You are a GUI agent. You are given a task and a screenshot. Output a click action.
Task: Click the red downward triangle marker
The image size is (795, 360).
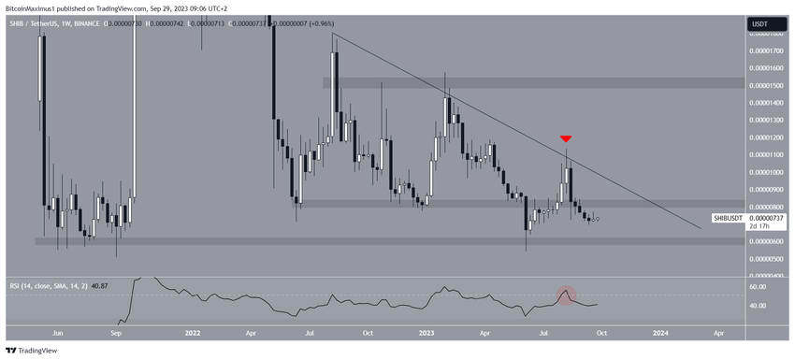[x=565, y=139]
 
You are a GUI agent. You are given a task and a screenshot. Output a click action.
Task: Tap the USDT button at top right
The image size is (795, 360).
[x=761, y=24]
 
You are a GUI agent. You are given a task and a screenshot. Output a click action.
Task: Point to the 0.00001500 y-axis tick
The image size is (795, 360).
[x=768, y=84]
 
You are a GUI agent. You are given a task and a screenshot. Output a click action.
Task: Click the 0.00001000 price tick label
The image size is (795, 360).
[x=768, y=172]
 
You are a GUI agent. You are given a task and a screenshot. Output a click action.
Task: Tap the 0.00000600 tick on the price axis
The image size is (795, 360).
[x=768, y=241]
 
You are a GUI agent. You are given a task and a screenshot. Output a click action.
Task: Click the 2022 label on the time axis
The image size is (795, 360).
[x=193, y=331]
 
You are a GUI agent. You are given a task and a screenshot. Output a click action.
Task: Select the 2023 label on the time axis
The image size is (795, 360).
[x=426, y=331]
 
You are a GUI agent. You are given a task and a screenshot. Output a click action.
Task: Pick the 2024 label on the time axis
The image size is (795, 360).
[x=660, y=331]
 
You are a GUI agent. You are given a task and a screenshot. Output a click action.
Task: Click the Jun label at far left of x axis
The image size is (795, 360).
[x=57, y=331]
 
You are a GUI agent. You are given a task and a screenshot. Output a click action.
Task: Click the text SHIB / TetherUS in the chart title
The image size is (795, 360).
[x=36, y=22]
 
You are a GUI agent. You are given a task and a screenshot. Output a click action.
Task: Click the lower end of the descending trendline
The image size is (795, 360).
[x=699, y=226]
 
